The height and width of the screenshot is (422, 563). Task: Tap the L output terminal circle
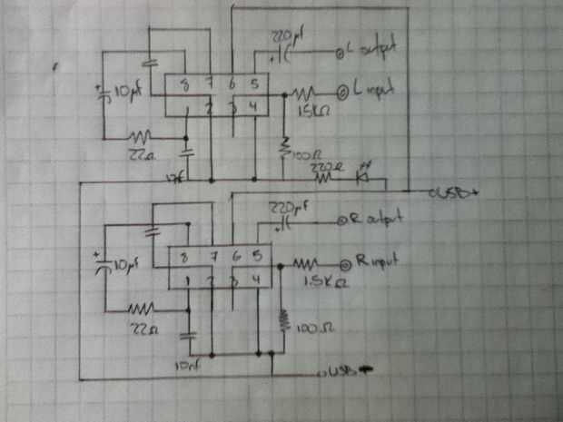tap(341, 52)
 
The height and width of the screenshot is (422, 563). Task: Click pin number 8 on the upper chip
tap(186, 86)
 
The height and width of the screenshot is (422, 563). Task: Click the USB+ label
tap(451, 192)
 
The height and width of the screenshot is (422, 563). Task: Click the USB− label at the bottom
tap(342, 371)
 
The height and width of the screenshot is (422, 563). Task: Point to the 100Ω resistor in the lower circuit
tap(283, 320)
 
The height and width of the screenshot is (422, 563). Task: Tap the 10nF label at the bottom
tap(188, 364)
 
